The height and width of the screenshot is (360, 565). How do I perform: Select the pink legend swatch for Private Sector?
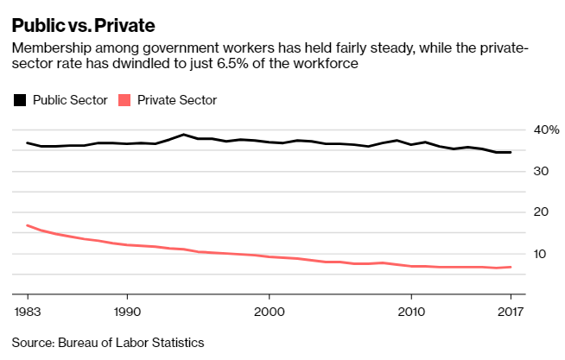124,100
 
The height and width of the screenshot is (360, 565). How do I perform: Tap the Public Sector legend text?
70,100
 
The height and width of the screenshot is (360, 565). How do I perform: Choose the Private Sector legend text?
177,100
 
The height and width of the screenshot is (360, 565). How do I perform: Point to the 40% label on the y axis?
546,129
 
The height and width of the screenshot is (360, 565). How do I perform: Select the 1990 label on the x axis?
127,311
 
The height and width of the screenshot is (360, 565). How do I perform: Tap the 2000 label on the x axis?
269,311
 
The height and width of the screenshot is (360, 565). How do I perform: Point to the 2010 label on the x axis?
410,311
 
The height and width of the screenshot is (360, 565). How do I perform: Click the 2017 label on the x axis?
510,311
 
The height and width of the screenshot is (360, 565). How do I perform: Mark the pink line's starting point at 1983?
28,225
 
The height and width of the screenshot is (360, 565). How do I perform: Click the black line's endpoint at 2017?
511,152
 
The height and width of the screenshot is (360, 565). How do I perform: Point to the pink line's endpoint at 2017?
511,267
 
